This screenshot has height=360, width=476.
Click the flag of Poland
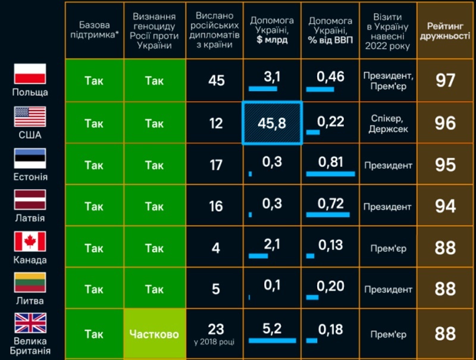coord(30,74)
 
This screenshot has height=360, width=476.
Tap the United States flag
coord(30,116)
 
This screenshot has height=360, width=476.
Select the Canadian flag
coord(30,242)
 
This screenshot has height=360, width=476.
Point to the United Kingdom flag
coord(30,323)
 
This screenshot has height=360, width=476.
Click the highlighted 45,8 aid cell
coord(272,123)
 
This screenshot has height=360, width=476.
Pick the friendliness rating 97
coord(445,80)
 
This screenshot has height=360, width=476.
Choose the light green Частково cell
coord(154,334)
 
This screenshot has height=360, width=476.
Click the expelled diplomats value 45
coord(217,80)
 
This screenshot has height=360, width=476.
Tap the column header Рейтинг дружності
coord(445,31)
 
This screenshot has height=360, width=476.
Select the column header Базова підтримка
coord(94,31)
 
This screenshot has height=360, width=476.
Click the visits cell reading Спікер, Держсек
coord(388,123)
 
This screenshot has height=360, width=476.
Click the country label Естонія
coord(30,177)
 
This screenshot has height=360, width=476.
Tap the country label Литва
coord(30,302)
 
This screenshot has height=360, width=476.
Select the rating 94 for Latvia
coord(445,206)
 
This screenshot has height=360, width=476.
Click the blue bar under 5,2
coord(272,340)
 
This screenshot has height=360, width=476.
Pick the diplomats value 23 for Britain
coord(217,328)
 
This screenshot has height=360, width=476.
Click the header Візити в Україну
coord(388,31)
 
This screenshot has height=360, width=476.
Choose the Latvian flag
coord(30,200)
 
